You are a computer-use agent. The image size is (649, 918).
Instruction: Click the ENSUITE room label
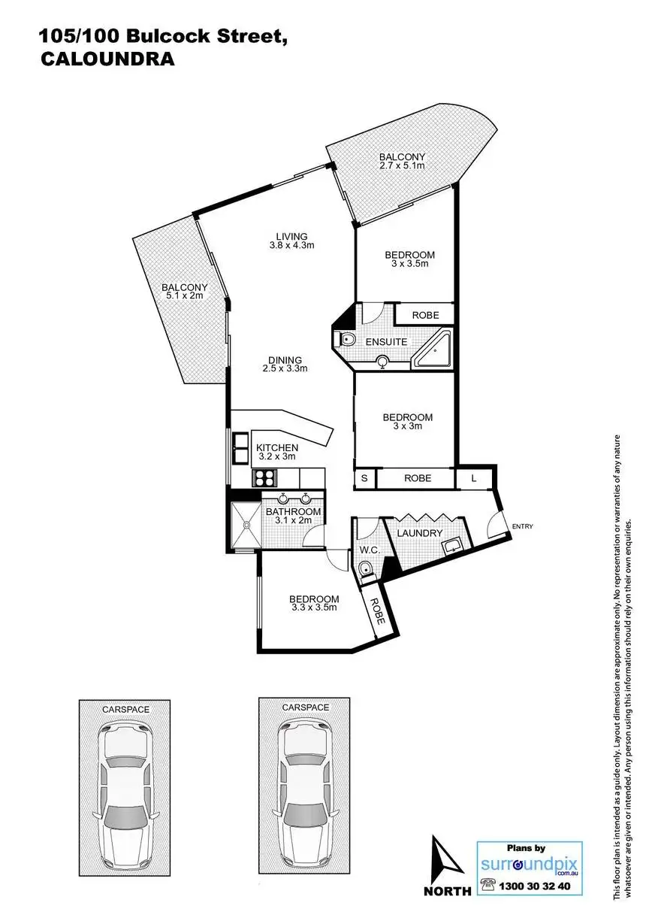click(x=386, y=342)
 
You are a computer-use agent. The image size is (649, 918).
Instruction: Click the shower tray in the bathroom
click(x=246, y=525)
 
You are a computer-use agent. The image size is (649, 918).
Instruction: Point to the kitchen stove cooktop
click(x=265, y=477)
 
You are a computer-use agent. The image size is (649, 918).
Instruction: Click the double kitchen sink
click(x=241, y=448)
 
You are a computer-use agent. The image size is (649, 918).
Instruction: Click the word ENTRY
click(x=523, y=526)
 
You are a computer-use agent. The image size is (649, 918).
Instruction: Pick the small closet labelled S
click(x=364, y=478)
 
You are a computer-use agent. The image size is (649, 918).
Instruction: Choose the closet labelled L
click(x=474, y=478)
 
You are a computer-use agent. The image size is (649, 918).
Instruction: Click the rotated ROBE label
click(x=377, y=610)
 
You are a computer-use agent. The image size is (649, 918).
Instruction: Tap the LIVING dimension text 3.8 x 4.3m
click(x=291, y=246)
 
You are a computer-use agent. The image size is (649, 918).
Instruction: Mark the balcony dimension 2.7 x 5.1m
click(x=402, y=165)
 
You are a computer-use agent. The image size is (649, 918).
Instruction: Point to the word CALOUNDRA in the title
click(x=107, y=59)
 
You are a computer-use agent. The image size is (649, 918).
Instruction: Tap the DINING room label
click(x=285, y=360)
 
